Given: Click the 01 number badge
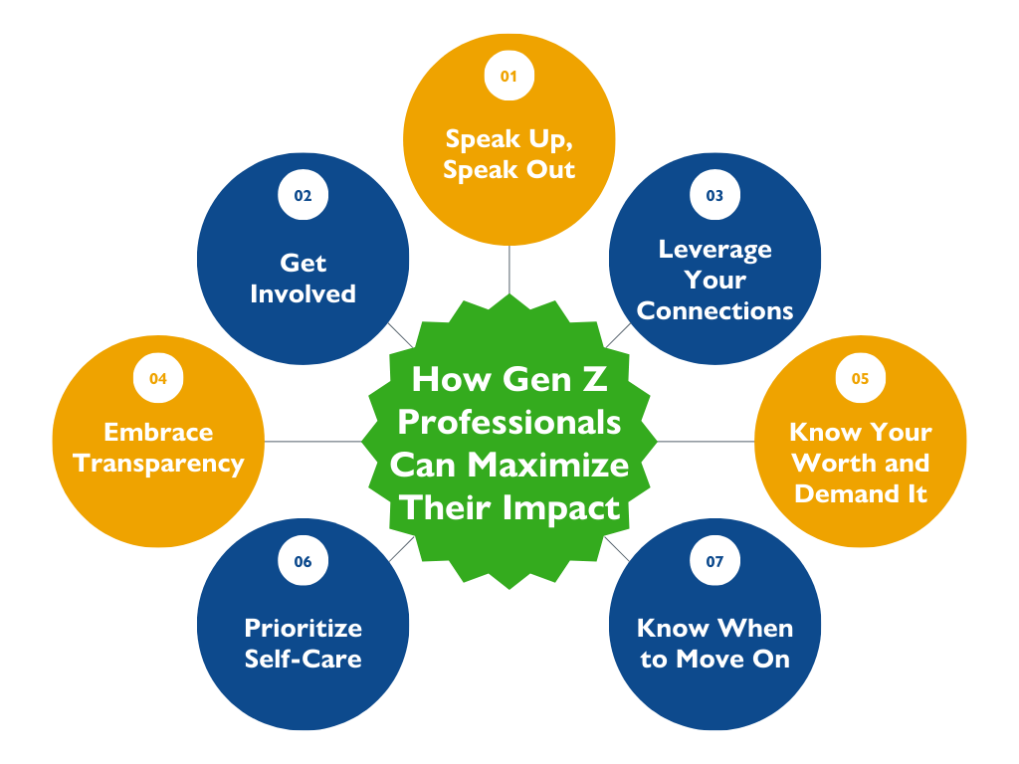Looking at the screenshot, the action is [509, 76].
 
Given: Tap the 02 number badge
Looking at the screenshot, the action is [303, 195].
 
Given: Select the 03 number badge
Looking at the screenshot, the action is [714, 195].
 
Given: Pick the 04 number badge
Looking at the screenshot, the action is [158, 378].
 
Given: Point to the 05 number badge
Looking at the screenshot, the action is [861, 378].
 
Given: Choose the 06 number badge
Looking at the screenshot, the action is [303, 561].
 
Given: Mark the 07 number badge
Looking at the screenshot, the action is [714, 561].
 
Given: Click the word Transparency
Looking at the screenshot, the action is [158, 465].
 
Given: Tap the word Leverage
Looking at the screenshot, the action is [714, 250].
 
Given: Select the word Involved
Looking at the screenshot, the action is [303, 293].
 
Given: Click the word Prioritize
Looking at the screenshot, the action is [303, 628].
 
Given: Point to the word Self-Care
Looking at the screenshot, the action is [303, 659].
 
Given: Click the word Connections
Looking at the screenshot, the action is [714, 310].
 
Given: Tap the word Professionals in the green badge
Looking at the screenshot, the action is [509, 424].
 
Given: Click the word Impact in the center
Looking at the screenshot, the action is [561, 508].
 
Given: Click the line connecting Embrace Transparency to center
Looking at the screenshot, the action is [313, 442].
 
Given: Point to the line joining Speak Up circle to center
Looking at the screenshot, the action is [509, 270].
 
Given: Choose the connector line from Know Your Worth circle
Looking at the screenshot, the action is [706, 442].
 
